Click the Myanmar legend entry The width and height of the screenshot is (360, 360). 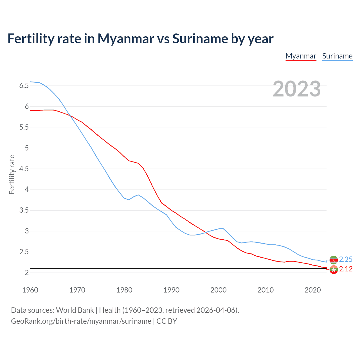(x=301, y=56)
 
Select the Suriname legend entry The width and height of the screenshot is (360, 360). (x=337, y=56)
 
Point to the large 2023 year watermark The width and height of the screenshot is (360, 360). (x=296, y=89)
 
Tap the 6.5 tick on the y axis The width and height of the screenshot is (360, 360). (x=24, y=86)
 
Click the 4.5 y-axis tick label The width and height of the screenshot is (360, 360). (x=24, y=169)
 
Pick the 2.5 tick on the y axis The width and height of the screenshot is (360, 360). (x=24, y=252)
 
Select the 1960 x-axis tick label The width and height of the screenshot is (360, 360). (x=30, y=290)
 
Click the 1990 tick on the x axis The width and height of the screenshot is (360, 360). (x=171, y=290)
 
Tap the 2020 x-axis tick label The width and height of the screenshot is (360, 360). (x=312, y=290)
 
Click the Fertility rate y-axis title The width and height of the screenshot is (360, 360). (x=12, y=174)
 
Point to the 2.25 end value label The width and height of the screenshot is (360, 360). (x=346, y=259)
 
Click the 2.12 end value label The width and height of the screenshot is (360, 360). (x=346, y=269)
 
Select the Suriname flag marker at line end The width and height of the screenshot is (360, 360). (x=334, y=260)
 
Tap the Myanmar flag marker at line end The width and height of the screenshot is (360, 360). (x=334, y=270)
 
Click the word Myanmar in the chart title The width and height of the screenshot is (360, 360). (x=126, y=39)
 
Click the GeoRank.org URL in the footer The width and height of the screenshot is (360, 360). (x=81, y=321)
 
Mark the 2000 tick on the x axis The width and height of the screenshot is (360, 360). (x=218, y=290)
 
